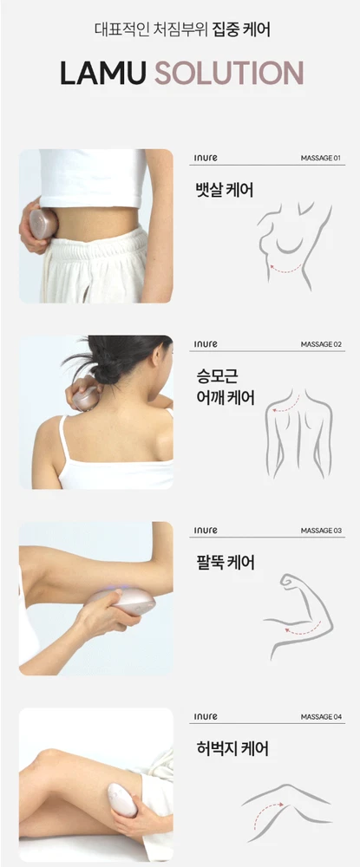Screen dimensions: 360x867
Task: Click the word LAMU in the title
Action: tap(103, 73)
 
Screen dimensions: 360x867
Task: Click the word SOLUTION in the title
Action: tap(229, 73)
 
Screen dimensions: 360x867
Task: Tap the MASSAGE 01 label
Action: tap(320, 158)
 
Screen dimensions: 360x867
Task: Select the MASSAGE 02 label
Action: tap(321, 344)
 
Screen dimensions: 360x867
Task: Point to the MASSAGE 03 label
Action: tap(321, 531)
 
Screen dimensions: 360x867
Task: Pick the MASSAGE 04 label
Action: tap(321, 717)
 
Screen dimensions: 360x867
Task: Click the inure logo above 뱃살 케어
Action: tap(206, 158)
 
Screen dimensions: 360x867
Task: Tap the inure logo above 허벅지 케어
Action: tap(206, 717)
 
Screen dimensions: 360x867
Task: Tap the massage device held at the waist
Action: tap(43, 224)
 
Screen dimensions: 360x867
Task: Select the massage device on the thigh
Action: tap(121, 799)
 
